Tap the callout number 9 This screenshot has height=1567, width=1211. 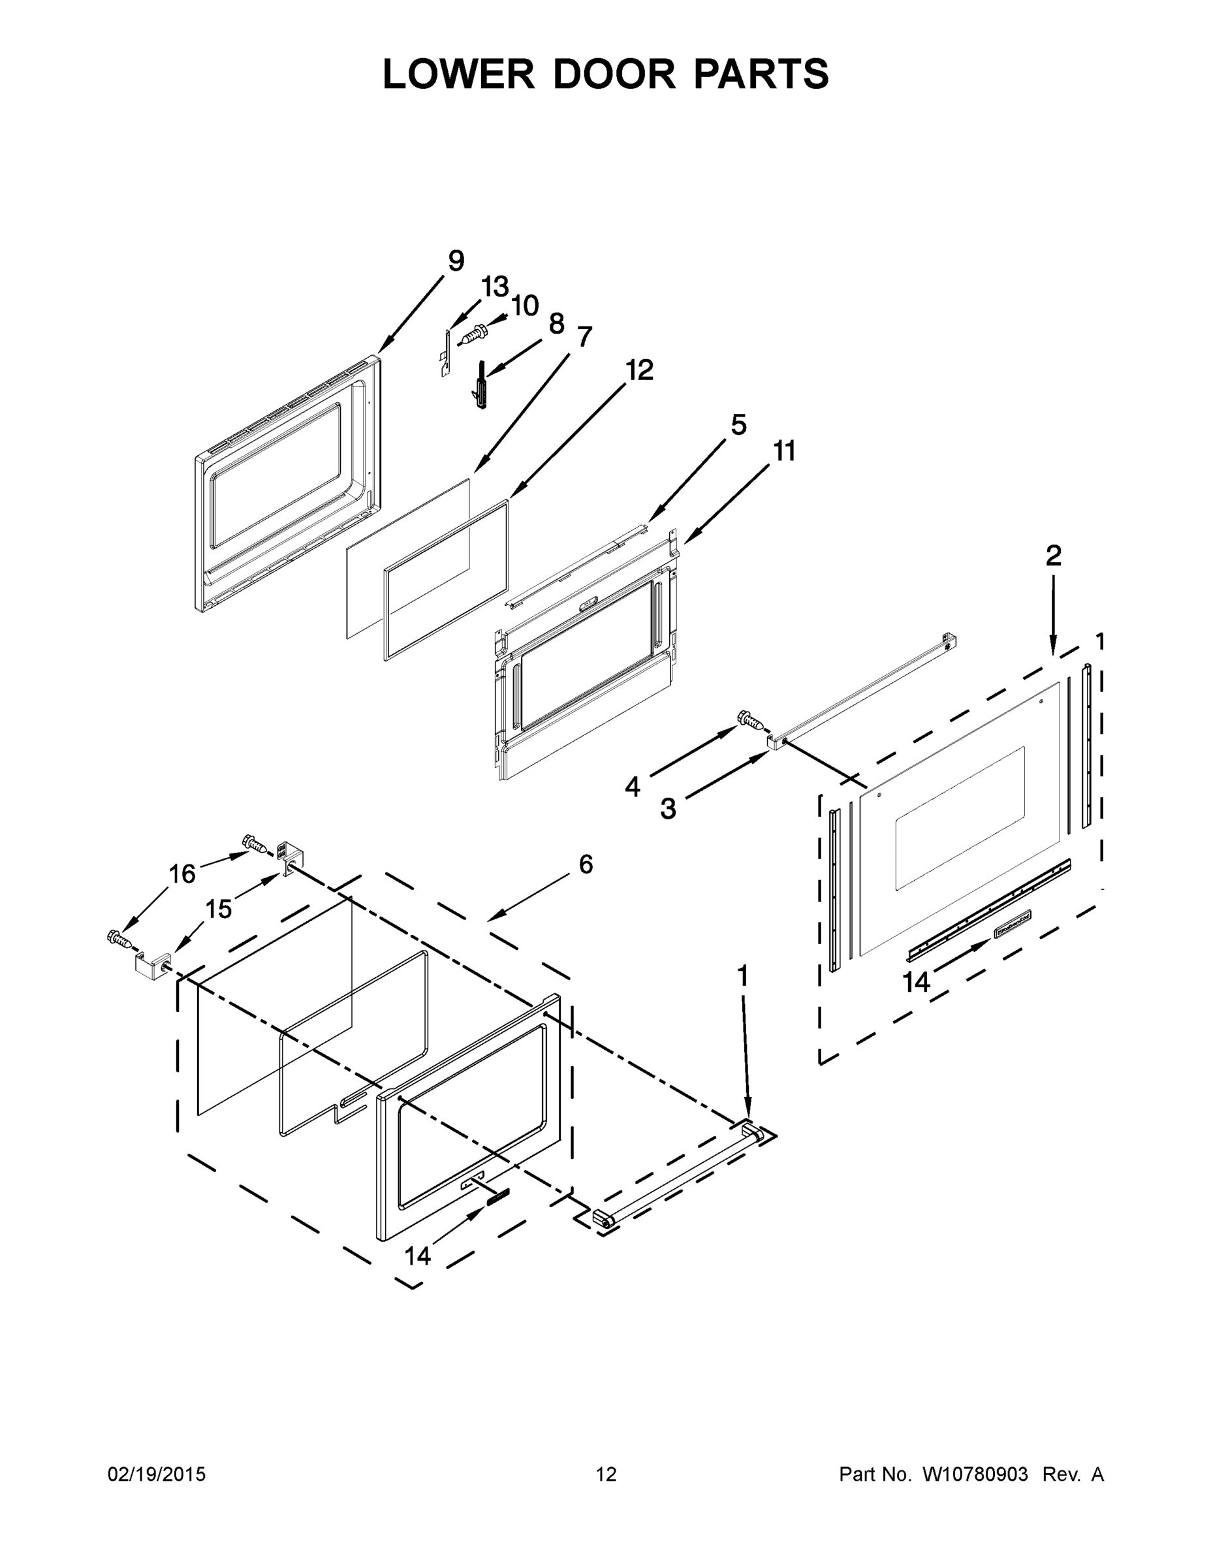(456, 261)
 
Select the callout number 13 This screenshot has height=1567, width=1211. (494, 287)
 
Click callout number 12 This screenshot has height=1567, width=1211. (638, 371)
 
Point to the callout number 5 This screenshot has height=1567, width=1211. (738, 425)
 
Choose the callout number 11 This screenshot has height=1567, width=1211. (784, 451)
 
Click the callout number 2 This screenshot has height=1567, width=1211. (1052, 556)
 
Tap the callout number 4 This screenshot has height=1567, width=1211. (632, 787)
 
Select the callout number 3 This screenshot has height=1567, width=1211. (668, 808)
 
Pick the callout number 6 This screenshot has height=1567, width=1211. (586, 864)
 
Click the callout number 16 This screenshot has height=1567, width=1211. (181, 874)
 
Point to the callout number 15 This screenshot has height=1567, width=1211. (219, 909)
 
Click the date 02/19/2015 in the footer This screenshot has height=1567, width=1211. (157, 1474)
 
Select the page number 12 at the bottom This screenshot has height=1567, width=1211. (606, 1474)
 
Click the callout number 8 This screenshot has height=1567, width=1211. (557, 324)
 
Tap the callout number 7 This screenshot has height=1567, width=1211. (584, 336)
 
